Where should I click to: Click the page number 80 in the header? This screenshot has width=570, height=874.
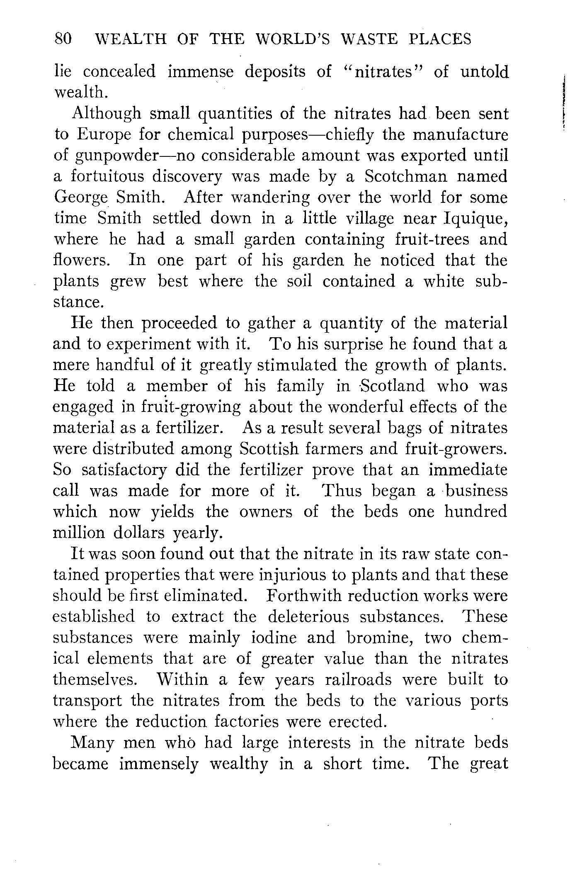(x=63, y=39)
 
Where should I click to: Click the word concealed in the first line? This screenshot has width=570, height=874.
(x=119, y=72)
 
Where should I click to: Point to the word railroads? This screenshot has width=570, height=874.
(x=358, y=679)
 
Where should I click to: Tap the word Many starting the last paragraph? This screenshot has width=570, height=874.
(x=93, y=743)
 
